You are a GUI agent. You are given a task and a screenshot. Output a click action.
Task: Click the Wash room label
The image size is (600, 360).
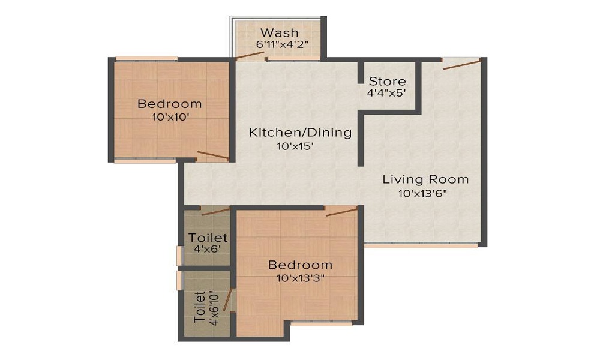[280, 32]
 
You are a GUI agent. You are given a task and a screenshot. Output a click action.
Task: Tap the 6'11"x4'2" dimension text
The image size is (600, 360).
[282, 44]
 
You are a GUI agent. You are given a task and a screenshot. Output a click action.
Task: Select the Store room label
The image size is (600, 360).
[387, 81]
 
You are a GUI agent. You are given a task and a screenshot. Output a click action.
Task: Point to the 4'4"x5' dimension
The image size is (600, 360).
[386, 93]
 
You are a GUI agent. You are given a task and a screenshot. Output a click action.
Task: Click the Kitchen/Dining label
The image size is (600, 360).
[301, 133]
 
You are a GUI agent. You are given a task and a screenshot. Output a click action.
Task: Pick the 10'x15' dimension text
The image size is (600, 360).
[295, 146]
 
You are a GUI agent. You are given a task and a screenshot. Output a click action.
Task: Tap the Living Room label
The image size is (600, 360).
[425, 179]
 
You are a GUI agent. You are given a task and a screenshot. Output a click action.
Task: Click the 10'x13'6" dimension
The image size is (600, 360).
[423, 193]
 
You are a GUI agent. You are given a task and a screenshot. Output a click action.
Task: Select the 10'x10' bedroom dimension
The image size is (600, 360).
[170, 117]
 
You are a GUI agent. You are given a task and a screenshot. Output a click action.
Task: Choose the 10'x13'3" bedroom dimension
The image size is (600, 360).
[301, 278]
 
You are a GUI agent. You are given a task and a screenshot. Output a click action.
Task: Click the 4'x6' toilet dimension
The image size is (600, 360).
[207, 249]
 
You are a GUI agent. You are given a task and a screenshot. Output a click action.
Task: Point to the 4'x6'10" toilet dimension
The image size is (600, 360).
[214, 308]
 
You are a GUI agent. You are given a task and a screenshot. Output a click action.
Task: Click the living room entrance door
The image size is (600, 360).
[461, 64]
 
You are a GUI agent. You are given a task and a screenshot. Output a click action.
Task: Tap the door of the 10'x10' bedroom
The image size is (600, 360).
[213, 155]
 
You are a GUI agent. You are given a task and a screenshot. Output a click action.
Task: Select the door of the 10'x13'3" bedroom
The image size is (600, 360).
[341, 212]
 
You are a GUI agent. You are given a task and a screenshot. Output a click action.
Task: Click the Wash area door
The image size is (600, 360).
[250, 55]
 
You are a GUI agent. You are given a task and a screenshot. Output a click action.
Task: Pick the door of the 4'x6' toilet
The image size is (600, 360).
[215, 211]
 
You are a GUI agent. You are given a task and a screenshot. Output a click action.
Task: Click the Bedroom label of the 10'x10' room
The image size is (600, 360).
[170, 104]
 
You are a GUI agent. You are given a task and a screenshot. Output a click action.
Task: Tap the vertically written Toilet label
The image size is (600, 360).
[200, 307]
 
